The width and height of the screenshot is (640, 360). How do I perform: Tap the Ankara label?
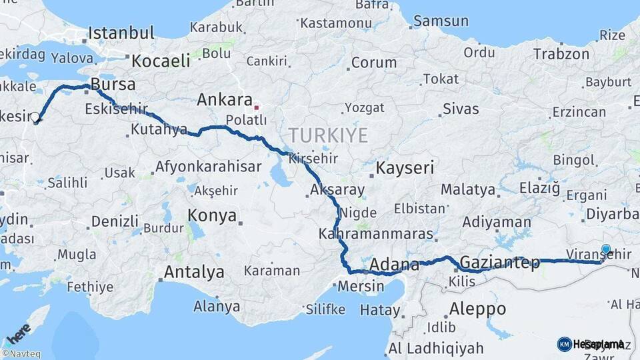[223, 100]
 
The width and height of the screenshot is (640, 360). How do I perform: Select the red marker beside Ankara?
[257, 107]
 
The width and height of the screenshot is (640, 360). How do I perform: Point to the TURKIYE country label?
[329, 136]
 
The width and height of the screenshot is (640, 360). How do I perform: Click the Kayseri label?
[405, 168]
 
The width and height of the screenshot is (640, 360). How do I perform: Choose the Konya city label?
[212, 215]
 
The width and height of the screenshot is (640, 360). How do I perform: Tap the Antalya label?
[194, 272]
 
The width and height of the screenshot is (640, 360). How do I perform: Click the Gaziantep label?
[499, 262]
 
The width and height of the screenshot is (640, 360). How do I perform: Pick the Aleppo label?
[477, 309]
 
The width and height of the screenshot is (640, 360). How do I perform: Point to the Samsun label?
[441, 21]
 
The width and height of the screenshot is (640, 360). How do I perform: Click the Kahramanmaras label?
[375, 235]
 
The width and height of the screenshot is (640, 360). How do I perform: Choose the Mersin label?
[361, 287]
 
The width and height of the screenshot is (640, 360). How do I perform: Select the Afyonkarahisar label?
[208, 167]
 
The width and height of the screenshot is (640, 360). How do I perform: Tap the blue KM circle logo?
[564, 344]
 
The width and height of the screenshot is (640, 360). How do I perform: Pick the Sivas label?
[461, 108]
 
